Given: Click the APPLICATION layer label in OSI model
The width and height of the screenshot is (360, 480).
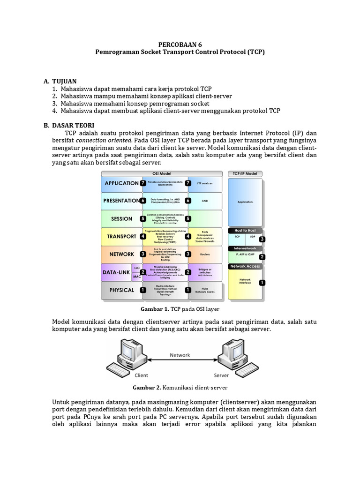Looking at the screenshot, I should (121, 183).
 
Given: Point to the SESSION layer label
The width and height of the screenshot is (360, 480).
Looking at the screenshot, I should (121, 218).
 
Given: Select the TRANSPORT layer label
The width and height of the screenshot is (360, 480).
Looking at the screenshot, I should (121, 236).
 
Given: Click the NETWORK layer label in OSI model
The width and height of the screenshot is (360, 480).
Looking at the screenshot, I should (121, 254).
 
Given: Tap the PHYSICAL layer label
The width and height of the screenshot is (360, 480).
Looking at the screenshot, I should (121, 290).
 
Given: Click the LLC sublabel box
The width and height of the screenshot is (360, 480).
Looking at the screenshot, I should (137, 268).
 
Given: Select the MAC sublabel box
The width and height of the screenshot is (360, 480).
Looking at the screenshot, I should (137, 277).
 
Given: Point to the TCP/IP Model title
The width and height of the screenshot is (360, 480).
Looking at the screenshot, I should (245, 173).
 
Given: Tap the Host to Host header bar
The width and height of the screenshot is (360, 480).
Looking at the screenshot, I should (245, 231).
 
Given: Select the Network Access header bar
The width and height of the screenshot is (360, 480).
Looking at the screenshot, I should (245, 266).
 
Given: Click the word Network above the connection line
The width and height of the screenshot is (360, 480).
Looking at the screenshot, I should (180, 355).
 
